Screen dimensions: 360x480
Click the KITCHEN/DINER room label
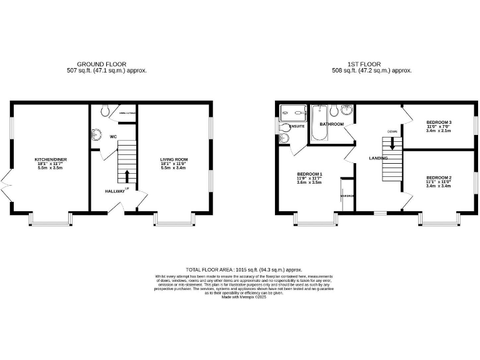pos(50,159)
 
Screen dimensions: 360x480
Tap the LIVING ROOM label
pos(174,159)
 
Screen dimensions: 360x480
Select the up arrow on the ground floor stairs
pos(127,176)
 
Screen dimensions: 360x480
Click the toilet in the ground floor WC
pos(104,111)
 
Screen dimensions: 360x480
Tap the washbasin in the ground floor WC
pos(96,134)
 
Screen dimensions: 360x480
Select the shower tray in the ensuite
pos(292,112)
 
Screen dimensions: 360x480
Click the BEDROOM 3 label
pos(439,122)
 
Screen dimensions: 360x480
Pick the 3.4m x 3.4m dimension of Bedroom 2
pos(439,186)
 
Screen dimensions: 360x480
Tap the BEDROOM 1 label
pos(310,173)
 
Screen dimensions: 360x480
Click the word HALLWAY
pos(114,191)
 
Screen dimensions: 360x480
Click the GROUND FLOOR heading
pos(101,64)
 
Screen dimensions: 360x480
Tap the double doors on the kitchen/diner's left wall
pos(6,186)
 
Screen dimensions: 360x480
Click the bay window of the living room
pos(175,221)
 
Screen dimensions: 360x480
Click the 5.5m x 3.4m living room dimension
pos(174,168)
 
